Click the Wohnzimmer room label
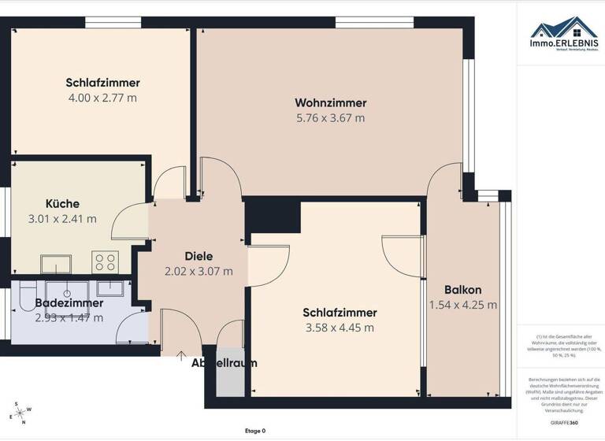click(330, 103)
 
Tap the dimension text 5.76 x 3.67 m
click(330, 118)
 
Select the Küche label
click(62, 204)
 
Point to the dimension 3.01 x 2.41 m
click(62, 219)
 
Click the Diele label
click(199, 256)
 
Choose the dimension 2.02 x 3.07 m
click(199, 271)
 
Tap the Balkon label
click(462, 289)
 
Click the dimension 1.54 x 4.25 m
click(462, 305)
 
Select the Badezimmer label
click(69, 302)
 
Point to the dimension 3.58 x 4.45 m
click(339, 328)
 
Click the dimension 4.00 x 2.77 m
click(103, 98)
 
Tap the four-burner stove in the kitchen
click(106, 261)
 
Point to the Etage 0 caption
click(255, 431)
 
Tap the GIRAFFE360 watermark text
click(565, 423)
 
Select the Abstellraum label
click(225, 363)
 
